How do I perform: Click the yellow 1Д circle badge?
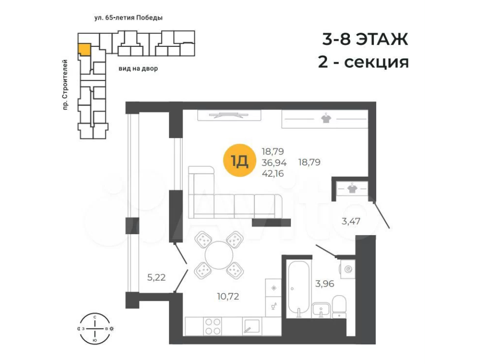pyautogui.click(x=239, y=160)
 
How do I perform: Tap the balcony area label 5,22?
pyautogui.click(x=156, y=278)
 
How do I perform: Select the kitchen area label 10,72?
pyautogui.click(x=228, y=297)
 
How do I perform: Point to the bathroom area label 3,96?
pyautogui.click(x=325, y=283)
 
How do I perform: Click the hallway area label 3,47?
pyautogui.click(x=351, y=221)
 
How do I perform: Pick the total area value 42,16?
pyautogui.click(x=273, y=174)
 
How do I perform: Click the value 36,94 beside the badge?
pyautogui.click(x=274, y=162)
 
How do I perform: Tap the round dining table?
pyautogui.click(x=219, y=255)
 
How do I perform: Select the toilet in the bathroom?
pyautogui.click(x=339, y=306)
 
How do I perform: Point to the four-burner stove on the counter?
pyautogui.click(x=213, y=327)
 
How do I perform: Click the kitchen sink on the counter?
pyautogui.click(x=251, y=326)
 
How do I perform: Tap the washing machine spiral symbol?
pyautogui.click(x=348, y=270)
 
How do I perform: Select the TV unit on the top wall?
pyautogui.click(x=229, y=115)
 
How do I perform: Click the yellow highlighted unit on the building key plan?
pyautogui.click(x=84, y=50)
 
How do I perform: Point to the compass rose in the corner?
pyautogui.click(x=95, y=329)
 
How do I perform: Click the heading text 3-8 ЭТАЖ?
pyautogui.click(x=365, y=39)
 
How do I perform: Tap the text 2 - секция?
pyautogui.click(x=363, y=62)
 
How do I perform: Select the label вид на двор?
pyautogui.click(x=138, y=68)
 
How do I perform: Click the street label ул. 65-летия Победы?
pyautogui.click(x=128, y=18)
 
